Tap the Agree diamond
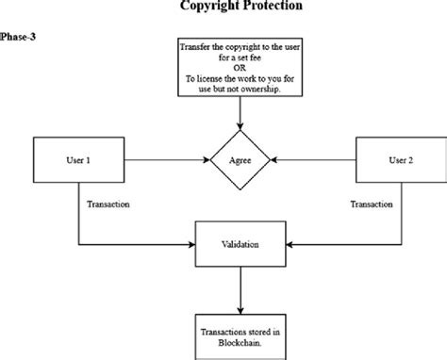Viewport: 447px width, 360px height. coord(240,159)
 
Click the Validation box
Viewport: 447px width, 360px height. coord(240,245)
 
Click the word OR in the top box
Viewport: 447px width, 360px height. coord(240,69)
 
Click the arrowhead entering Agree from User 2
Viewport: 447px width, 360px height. coord(273,159)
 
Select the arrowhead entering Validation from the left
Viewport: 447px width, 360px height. coord(190,245)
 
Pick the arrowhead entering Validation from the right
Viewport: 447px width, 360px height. coord(289,245)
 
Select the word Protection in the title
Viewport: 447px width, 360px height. coord(273,7)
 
